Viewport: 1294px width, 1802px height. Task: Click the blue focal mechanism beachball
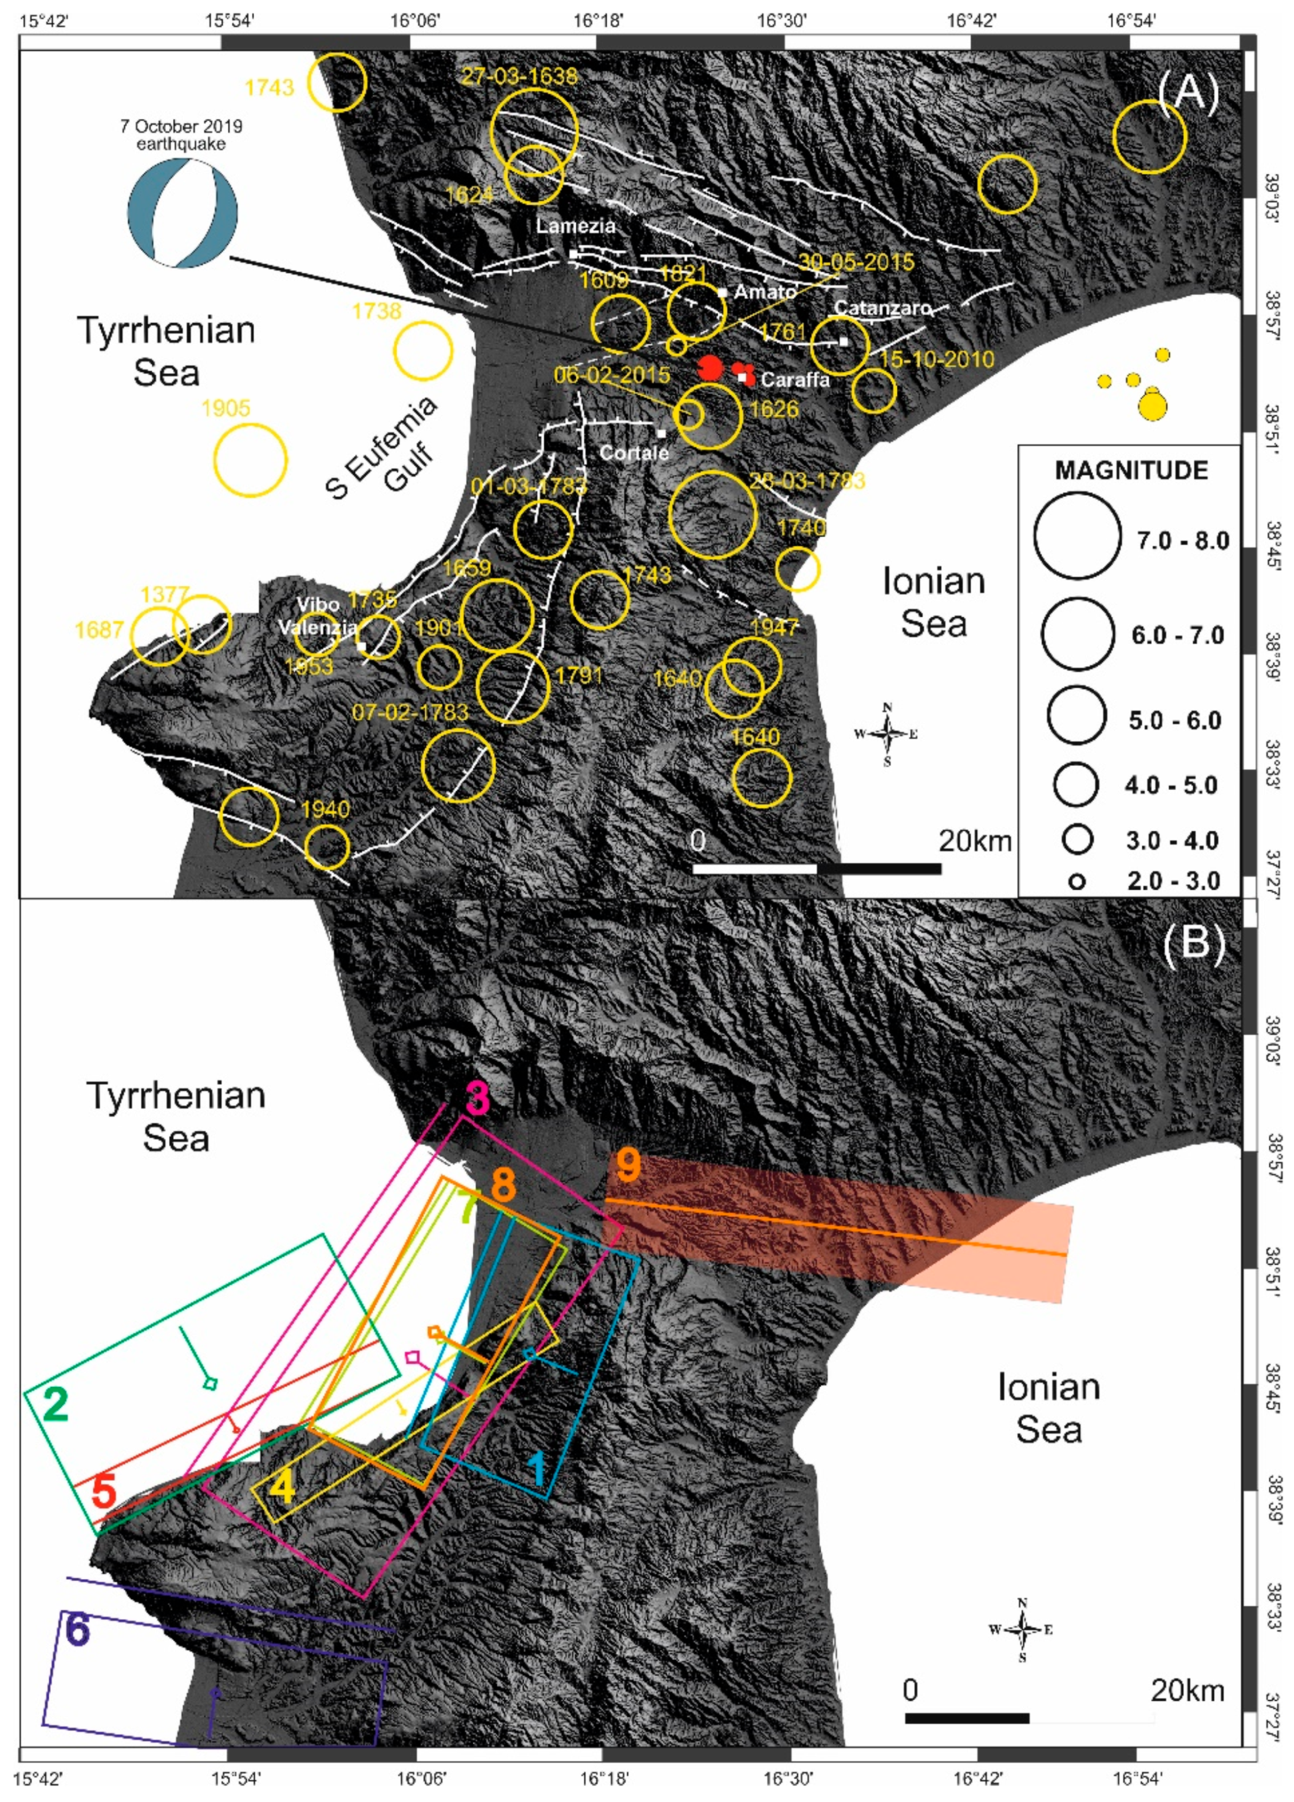182,214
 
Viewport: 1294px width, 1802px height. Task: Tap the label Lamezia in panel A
575,225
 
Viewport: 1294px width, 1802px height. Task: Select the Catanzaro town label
881,308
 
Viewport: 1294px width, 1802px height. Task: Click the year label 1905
225,408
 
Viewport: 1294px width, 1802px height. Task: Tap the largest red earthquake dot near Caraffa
709,368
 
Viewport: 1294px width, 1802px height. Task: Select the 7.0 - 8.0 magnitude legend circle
1077,536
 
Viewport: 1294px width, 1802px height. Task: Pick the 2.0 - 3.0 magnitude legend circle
1077,881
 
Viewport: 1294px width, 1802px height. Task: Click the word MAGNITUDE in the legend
1131,471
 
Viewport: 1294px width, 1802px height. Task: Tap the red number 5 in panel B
103,1491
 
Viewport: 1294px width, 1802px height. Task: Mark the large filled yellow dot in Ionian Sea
1153,407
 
